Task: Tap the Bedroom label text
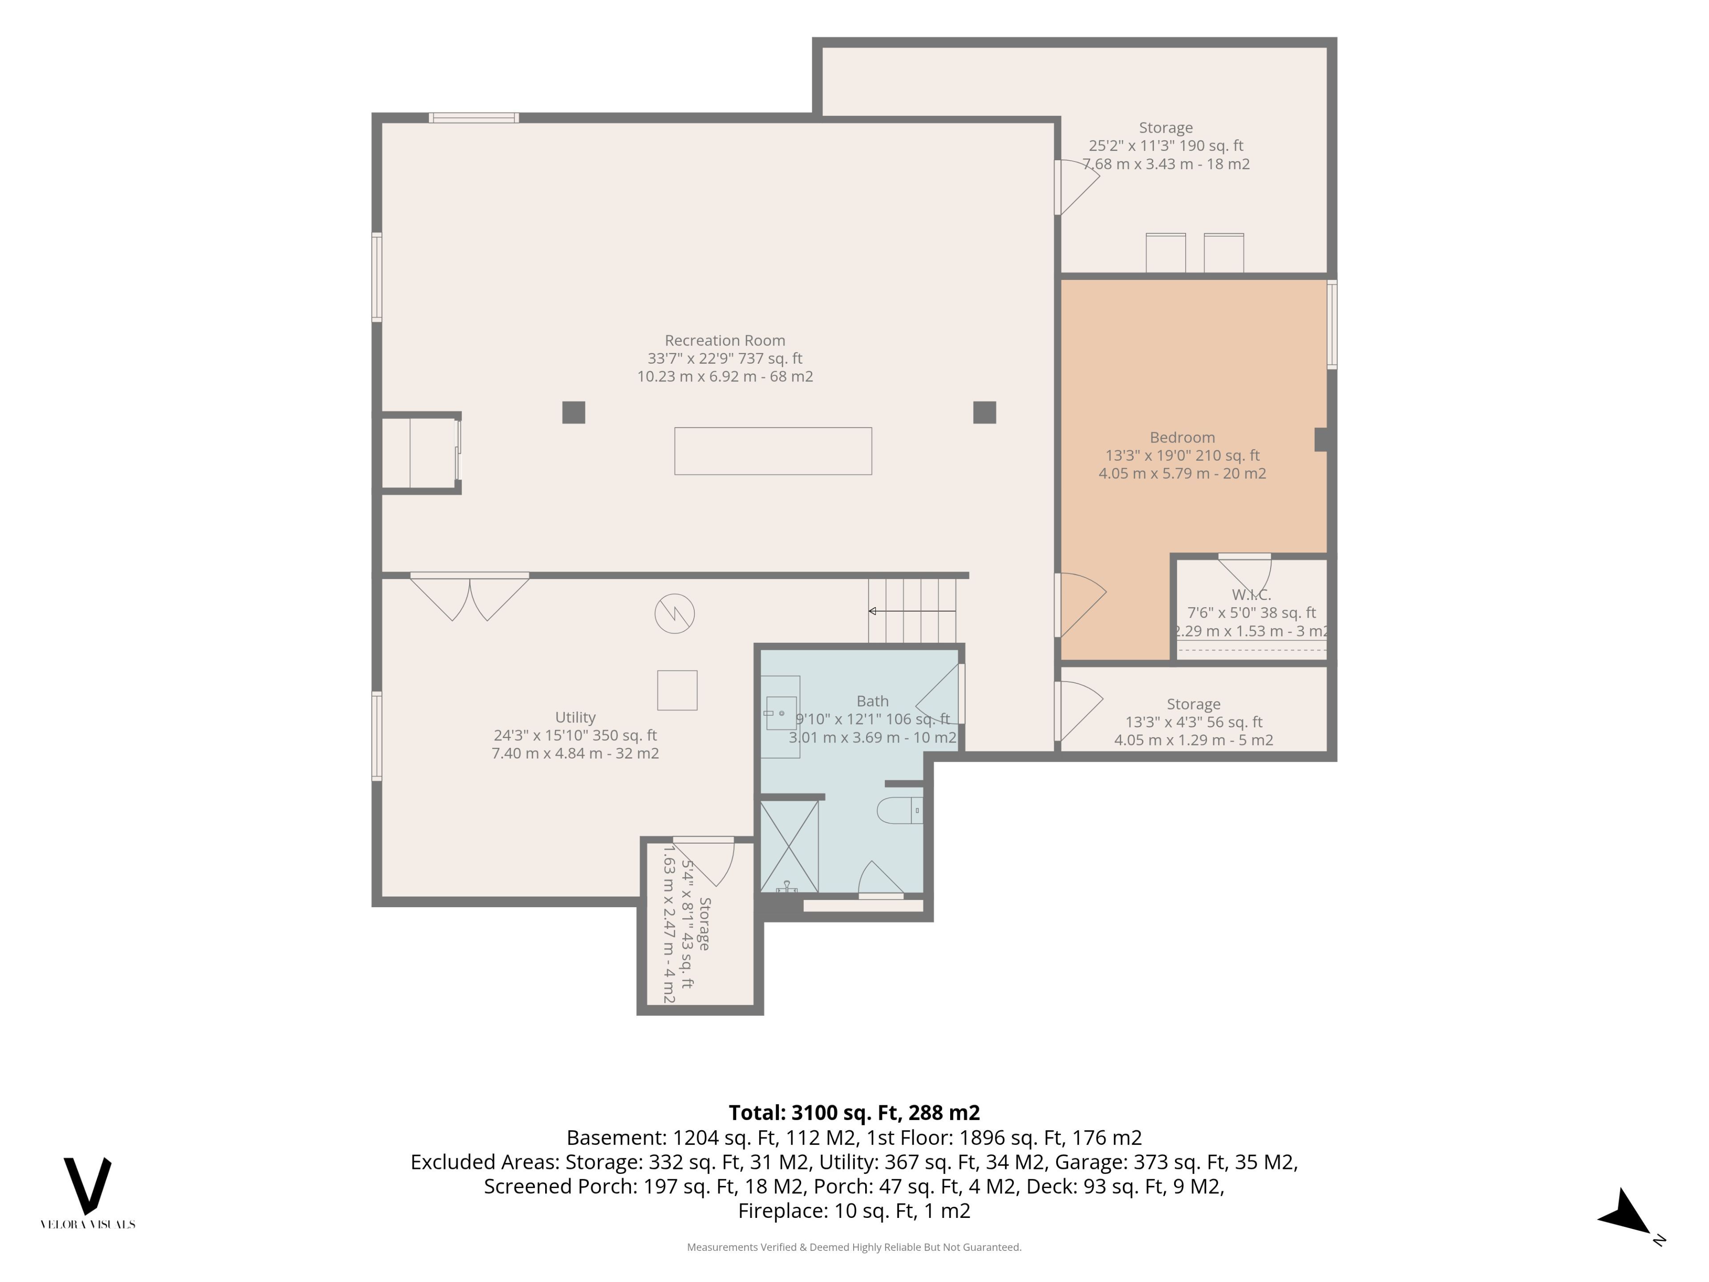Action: [x=1182, y=438]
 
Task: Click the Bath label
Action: [x=872, y=701]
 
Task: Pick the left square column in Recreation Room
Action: [x=573, y=413]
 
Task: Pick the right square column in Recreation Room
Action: [x=984, y=413]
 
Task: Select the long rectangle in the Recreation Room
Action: [x=773, y=451]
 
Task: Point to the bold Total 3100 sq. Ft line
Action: [x=854, y=1113]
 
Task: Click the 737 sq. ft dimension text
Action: [x=762, y=358]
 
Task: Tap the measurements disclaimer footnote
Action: [x=854, y=1247]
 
